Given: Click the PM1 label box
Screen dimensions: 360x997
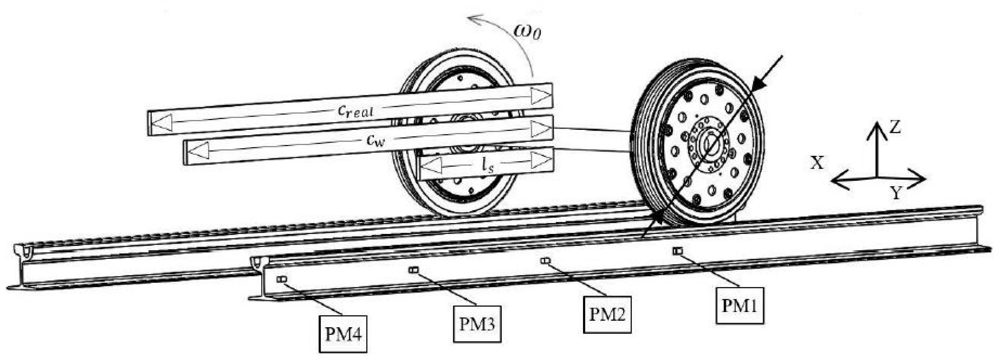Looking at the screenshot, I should [x=739, y=306].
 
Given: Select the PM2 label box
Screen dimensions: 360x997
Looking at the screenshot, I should [x=607, y=314].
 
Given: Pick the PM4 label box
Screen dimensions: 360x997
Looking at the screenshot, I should [x=343, y=334].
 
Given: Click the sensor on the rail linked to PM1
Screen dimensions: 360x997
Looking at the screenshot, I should [x=678, y=251].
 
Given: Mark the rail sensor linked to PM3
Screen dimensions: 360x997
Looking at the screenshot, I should [x=413, y=270].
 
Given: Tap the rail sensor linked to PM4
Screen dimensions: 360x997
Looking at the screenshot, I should [x=282, y=279].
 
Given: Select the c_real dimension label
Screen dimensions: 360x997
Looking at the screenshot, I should [x=355, y=111].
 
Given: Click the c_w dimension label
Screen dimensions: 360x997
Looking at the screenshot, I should [x=375, y=141].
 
